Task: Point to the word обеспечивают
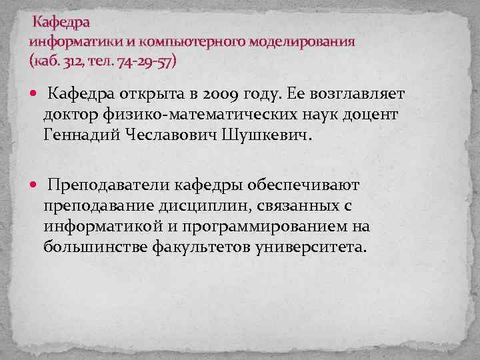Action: (x=302, y=184)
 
